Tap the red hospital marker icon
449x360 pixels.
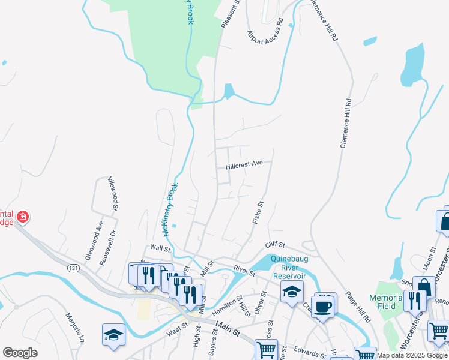(23, 217)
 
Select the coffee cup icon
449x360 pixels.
(324, 306)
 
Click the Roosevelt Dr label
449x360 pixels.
(113, 242)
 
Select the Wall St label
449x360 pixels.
(160, 248)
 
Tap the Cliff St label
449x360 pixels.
(275, 246)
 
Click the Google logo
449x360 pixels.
(20, 353)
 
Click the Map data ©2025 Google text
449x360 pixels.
(412, 356)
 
